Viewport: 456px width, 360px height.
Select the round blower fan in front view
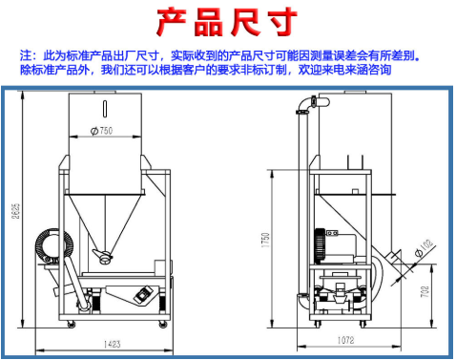click(48, 245)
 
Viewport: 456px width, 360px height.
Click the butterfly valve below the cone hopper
click(103, 256)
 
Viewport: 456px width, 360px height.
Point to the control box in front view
click(142, 295)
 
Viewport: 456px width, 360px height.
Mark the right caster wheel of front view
click(164, 326)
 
